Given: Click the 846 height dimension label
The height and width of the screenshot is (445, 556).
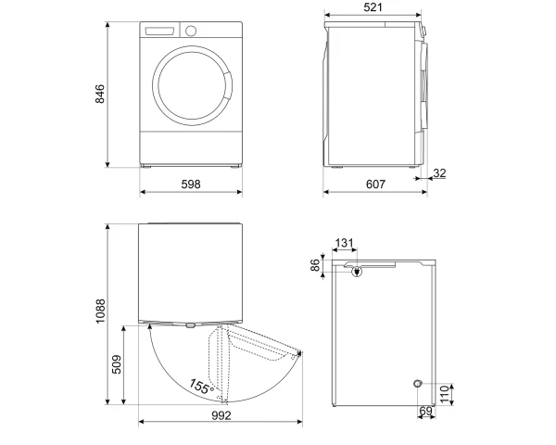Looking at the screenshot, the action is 100,94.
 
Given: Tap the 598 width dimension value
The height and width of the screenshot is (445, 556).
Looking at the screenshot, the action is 191,184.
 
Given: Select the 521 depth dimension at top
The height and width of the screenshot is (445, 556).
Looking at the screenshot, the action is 373,7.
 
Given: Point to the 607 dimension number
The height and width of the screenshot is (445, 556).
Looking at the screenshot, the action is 375,184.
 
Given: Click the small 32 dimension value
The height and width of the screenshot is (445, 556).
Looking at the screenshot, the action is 439,173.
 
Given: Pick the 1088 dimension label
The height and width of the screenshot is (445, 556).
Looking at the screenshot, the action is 100,311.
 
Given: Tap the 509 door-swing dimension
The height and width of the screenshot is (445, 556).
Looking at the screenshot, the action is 117,364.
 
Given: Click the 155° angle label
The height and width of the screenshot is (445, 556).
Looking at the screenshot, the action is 201,387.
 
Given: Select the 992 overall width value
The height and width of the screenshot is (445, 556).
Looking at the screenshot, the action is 221,415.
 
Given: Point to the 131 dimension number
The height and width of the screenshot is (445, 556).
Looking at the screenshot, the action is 345,243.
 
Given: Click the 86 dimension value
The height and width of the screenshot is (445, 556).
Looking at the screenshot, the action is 315,265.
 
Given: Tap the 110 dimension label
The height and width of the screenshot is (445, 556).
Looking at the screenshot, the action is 445,395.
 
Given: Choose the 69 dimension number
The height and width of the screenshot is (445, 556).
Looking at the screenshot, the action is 426,411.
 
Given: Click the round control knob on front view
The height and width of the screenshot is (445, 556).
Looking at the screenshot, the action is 191,31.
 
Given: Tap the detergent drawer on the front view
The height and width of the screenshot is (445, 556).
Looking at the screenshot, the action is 160,31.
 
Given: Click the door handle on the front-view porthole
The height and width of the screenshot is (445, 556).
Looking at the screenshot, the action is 228,86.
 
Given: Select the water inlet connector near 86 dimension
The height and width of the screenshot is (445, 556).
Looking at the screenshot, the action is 357,273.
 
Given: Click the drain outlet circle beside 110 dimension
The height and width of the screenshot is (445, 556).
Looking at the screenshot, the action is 418,384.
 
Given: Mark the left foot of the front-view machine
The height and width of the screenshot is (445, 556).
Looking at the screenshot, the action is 146,166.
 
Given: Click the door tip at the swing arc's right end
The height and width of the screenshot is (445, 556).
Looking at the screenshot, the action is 301,352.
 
